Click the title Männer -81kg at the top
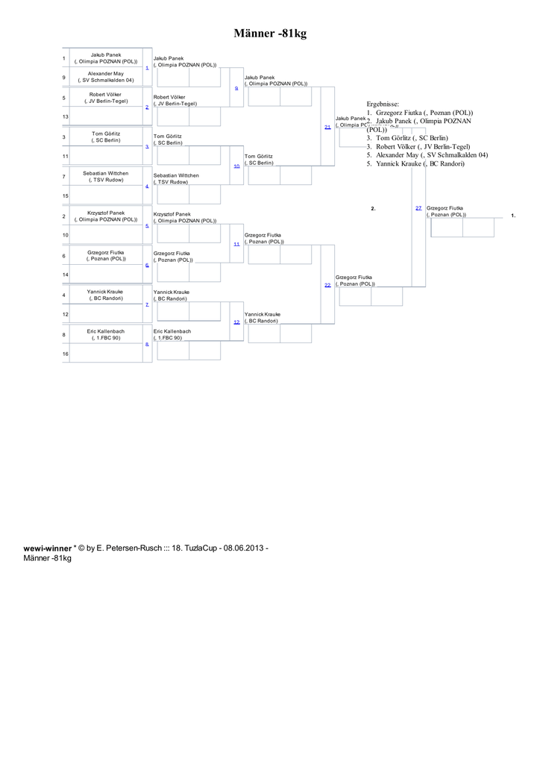point(270,34)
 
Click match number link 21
point(327,127)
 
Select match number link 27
point(418,207)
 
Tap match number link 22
point(327,285)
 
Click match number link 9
point(236,88)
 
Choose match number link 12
point(236,322)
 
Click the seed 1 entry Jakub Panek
point(106,58)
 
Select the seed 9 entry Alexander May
point(106,77)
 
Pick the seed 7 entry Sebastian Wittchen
point(106,176)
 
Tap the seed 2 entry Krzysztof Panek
point(106,216)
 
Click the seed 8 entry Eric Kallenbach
point(106,334)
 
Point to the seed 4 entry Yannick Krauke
point(106,295)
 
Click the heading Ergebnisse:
point(383,104)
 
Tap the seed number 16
point(66,354)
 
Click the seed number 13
point(66,117)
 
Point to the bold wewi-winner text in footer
point(48,548)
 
